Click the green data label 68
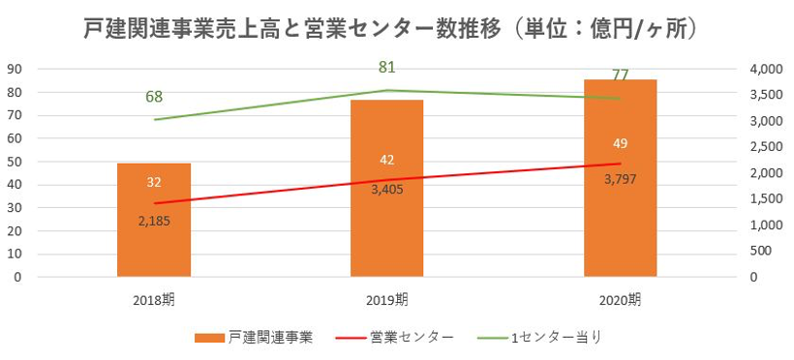(154, 97)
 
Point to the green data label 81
(387, 68)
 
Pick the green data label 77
(621, 75)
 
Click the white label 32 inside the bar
(154, 182)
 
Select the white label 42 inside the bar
(387, 160)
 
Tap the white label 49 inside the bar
(621, 143)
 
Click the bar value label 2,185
(154, 222)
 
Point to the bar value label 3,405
(387, 189)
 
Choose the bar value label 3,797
(621, 178)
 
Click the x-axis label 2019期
(387, 299)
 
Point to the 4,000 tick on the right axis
(765, 69)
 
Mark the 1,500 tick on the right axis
(765, 199)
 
